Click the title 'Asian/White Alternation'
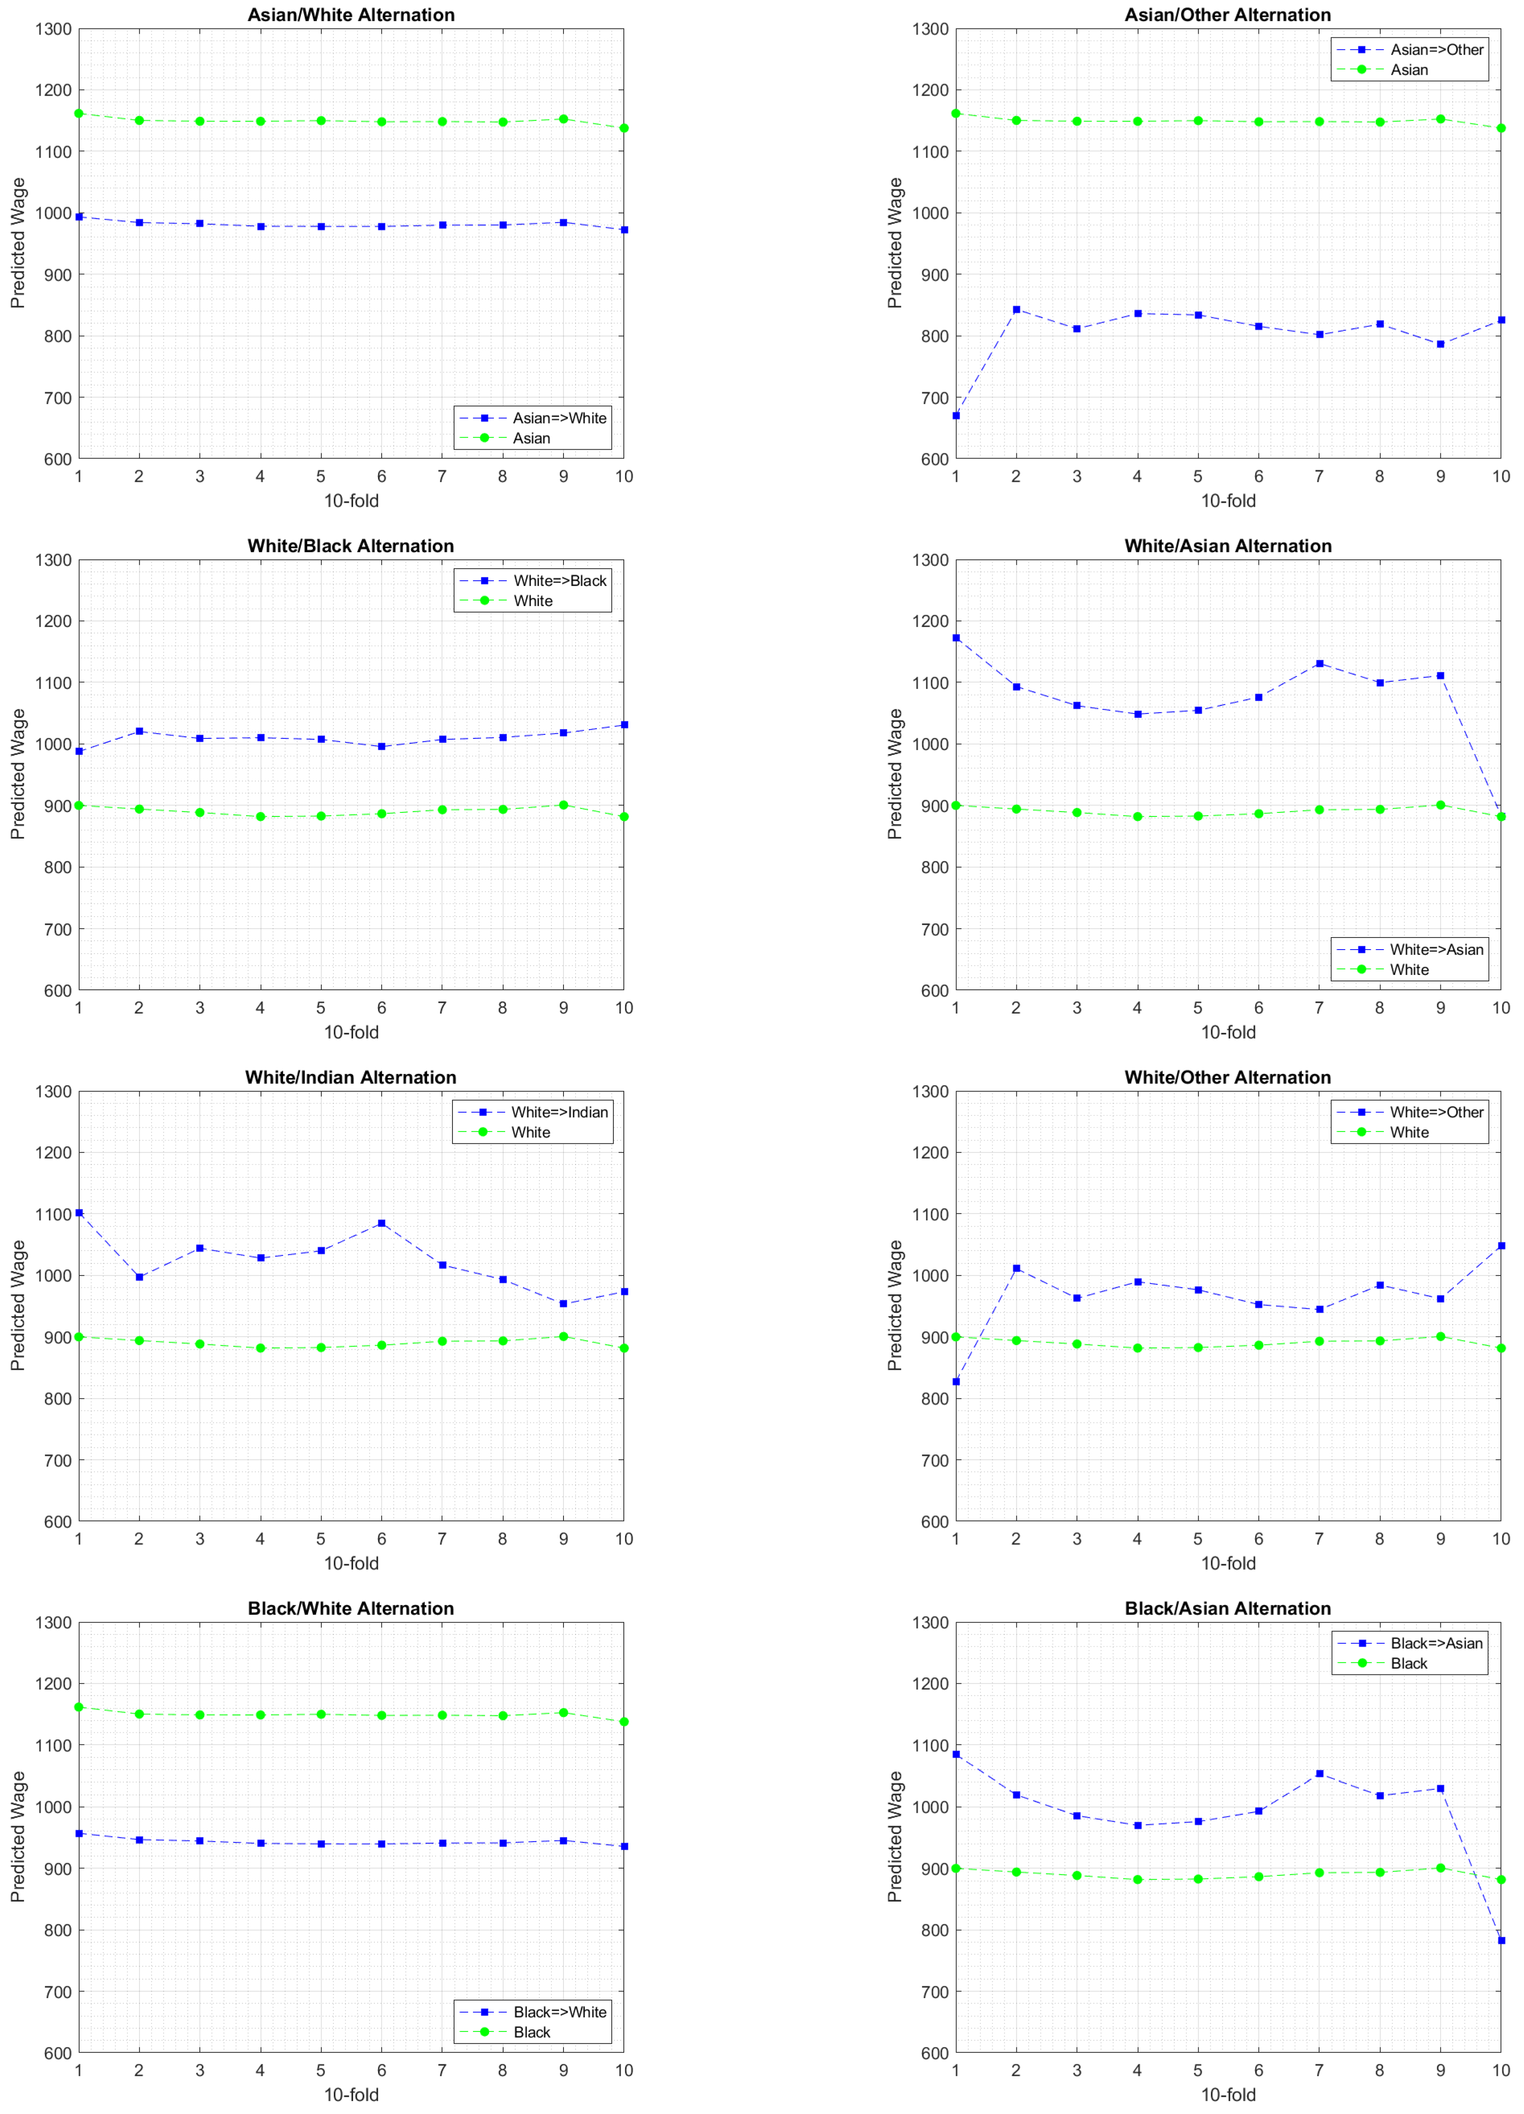click(350, 15)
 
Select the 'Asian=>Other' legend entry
click(1436, 49)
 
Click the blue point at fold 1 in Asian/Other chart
click(955, 416)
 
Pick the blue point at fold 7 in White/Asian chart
click(1319, 664)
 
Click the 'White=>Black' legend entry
click(559, 581)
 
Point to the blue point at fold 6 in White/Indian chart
click(381, 1223)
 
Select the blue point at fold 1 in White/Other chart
click(955, 1381)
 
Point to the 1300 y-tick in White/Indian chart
click(53, 1092)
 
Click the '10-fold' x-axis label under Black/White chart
click(350, 2094)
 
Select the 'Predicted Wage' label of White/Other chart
click(895, 1305)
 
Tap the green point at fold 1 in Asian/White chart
click(79, 114)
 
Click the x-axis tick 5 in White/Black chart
click(321, 1008)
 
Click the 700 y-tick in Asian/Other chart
click(930, 398)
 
